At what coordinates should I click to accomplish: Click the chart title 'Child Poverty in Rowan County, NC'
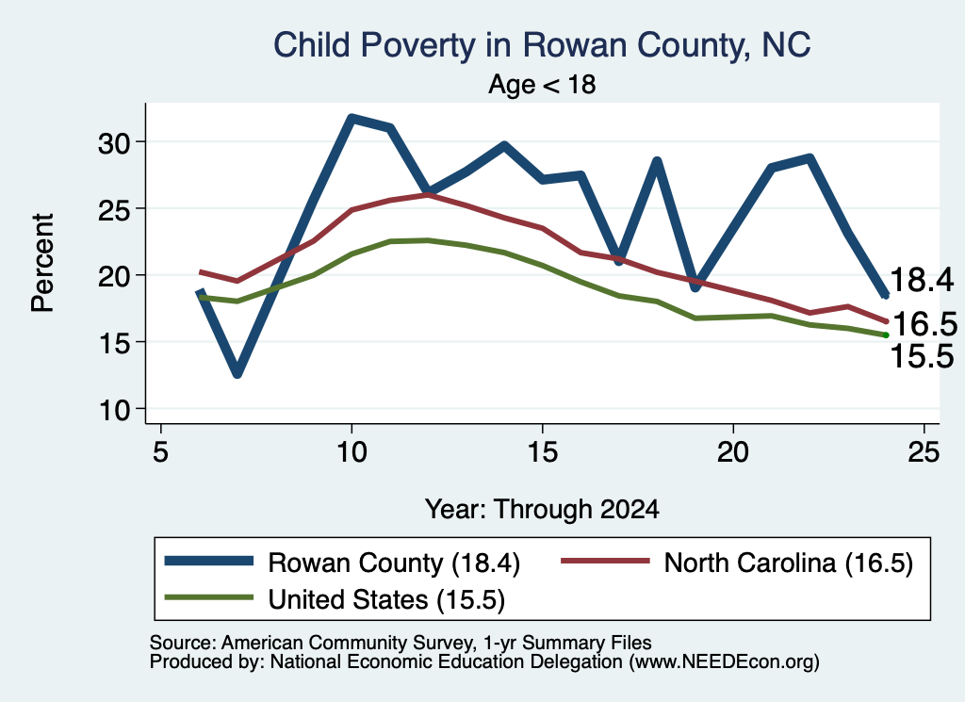click(x=542, y=45)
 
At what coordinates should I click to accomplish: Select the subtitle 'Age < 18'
click(x=542, y=84)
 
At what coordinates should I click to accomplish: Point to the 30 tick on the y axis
click(x=114, y=142)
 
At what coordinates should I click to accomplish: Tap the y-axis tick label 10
click(x=114, y=409)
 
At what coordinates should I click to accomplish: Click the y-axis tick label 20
click(x=114, y=276)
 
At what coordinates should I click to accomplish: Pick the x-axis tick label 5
click(x=160, y=452)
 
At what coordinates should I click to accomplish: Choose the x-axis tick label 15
click(x=542, y=452)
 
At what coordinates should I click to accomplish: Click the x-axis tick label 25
click(x=924, y=452)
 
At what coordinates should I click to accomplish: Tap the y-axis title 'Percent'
click(x=42, y=263)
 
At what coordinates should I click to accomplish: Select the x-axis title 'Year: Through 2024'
click(x=542, y=510)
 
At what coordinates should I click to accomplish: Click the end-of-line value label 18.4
click(x=922, y=280)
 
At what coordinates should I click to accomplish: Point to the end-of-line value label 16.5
click(x=924, y=324)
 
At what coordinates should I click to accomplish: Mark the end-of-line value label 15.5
click(x=922, y=356)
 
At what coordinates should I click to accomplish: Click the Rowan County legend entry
click(x=342, y=563)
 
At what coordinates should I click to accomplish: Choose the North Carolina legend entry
click(x=737, y=563)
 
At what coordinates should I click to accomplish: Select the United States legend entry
click(x=335, y=598)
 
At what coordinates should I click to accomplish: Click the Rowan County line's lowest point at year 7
click(x=237, y=373)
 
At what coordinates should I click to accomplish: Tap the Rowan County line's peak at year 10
click(x=352, y=117)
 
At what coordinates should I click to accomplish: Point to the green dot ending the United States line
click(x=886, y=335)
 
